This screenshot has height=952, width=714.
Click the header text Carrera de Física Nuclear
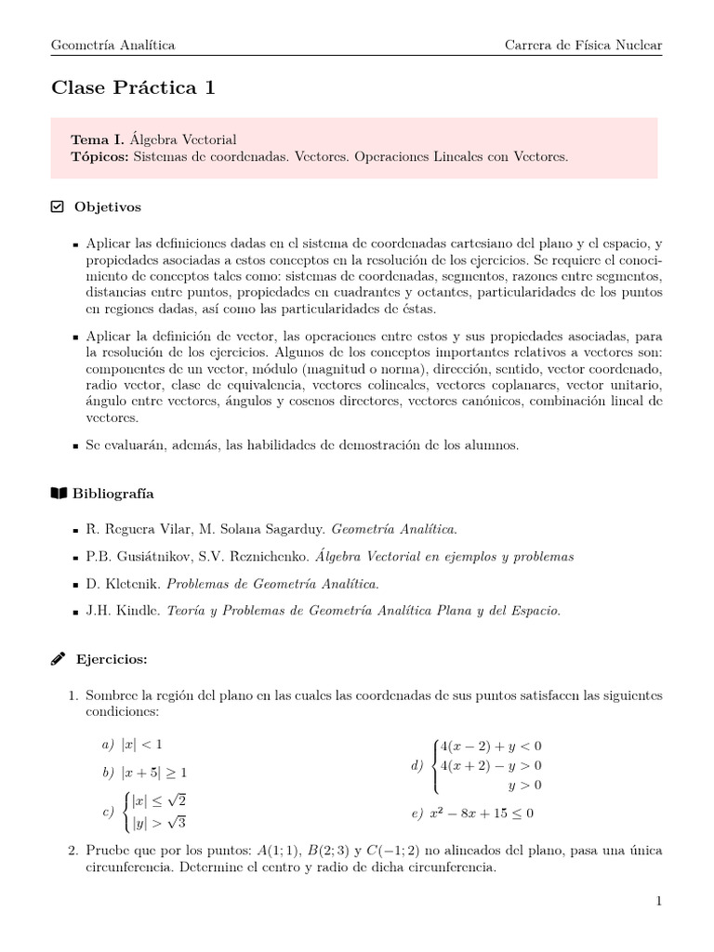pos(583,45)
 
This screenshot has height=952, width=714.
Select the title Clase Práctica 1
pos(133,88)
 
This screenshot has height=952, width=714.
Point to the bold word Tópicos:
pos(100,157)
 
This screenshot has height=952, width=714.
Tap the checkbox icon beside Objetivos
pos(57,206)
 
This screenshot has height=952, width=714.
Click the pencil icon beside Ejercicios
pos(57,658)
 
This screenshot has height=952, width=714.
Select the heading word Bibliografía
pos(114,493)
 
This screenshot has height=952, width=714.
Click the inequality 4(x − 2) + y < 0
pos(490,746)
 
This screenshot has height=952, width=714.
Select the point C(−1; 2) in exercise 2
pos(389,851)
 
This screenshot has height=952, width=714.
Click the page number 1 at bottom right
pos(658,901)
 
